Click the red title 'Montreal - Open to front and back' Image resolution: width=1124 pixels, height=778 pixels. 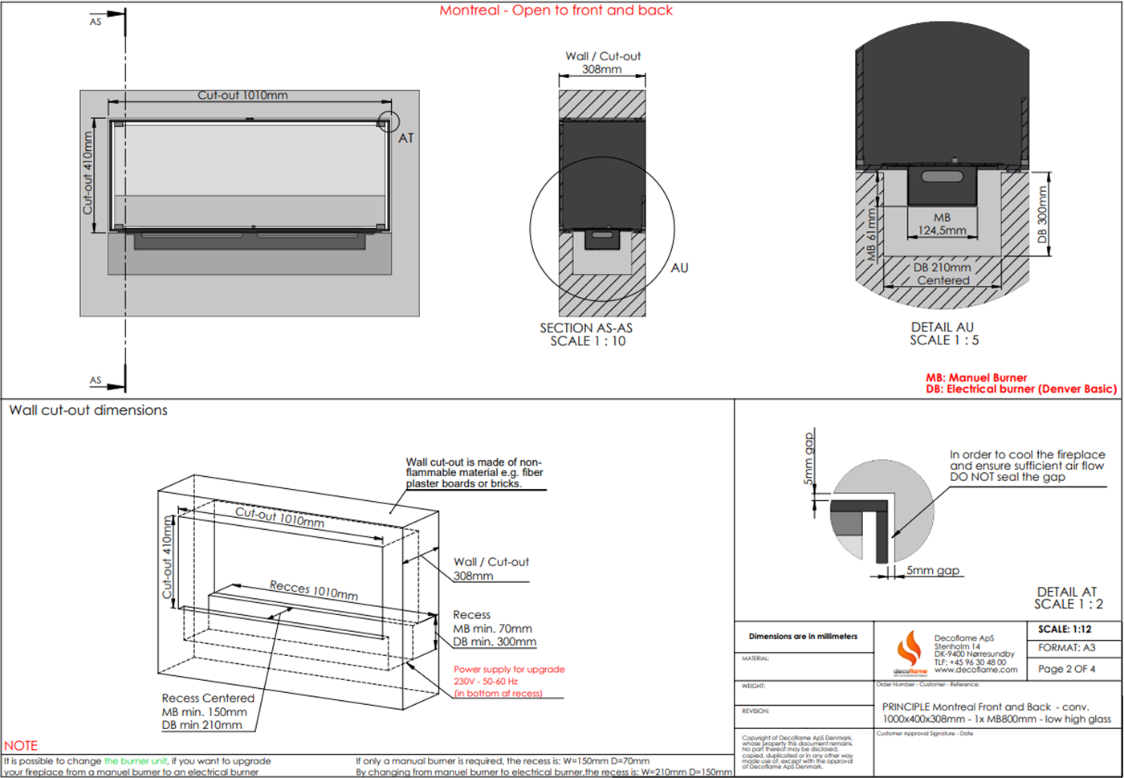tap(556, 10)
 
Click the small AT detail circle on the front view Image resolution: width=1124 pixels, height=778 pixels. tap(389, 122)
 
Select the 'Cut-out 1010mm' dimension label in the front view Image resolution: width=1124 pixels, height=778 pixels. tap(242, 95)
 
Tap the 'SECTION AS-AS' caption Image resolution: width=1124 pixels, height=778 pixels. tap(586, 328)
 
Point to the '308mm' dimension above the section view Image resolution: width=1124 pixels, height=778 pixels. tap(601, 69)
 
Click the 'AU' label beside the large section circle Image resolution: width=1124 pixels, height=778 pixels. tap(679, 268)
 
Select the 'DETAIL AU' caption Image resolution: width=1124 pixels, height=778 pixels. tap(942, 328)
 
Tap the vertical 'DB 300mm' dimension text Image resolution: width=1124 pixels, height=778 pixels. tap(1042, 214)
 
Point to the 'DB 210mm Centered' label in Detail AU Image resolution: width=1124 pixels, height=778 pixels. tap(943, 274)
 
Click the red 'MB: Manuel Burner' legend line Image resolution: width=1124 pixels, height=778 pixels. tap(976, 377)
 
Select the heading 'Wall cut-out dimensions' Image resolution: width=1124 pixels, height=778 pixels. tap(88, 410)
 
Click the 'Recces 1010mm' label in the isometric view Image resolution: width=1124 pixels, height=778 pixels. tap(314, 590)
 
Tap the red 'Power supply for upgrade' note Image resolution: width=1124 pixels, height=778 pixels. tap(509, 669)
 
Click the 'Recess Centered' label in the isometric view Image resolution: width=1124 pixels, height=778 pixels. tap(208, 699)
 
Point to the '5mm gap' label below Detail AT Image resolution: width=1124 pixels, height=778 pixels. tap(933, 571)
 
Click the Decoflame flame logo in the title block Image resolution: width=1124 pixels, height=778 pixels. tap(910, 649)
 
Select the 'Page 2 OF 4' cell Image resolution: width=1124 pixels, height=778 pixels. tap(1066, 669)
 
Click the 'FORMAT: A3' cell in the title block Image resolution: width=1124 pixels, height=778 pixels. tap(1066, 648)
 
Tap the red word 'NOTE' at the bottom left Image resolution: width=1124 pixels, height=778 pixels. tap(21, 746)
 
